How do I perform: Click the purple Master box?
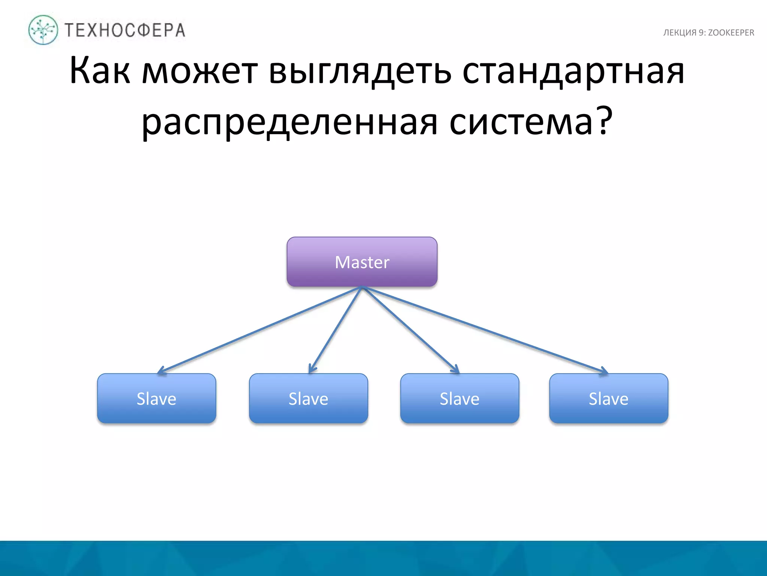[x=362, y=262]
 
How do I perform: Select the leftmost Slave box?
[x=157, y=398]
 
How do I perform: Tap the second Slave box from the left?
[x=308, y=398]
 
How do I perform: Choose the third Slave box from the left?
[x=460, y=398]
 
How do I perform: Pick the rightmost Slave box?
[x=609, y=398]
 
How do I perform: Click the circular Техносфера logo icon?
[x=43, y=30]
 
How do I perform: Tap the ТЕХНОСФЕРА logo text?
[x=125, y=30]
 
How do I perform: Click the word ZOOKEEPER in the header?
[x=731, y=33]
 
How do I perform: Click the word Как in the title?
[x=100, y=70]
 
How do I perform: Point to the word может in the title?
[x=200, y=70]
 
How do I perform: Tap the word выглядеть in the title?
[x=360, y=70]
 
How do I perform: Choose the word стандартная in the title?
[x=573, y=70]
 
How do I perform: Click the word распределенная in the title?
[x=289, y=122]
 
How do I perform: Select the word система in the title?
[x=521, y=122]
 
